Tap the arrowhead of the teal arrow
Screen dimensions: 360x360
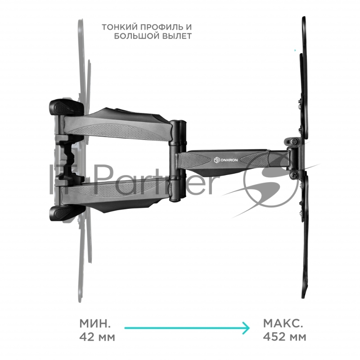pos(246,328)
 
